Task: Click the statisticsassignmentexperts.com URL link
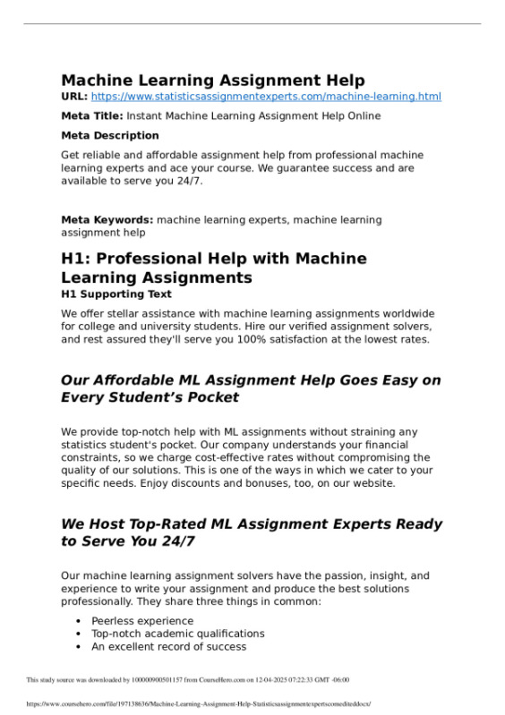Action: tap(266, 97)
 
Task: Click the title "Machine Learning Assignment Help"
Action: tap(213, 81)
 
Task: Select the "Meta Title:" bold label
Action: tap(92, 116)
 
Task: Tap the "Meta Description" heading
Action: tap(110, 136)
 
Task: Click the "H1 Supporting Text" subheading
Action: tap(116, 294)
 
